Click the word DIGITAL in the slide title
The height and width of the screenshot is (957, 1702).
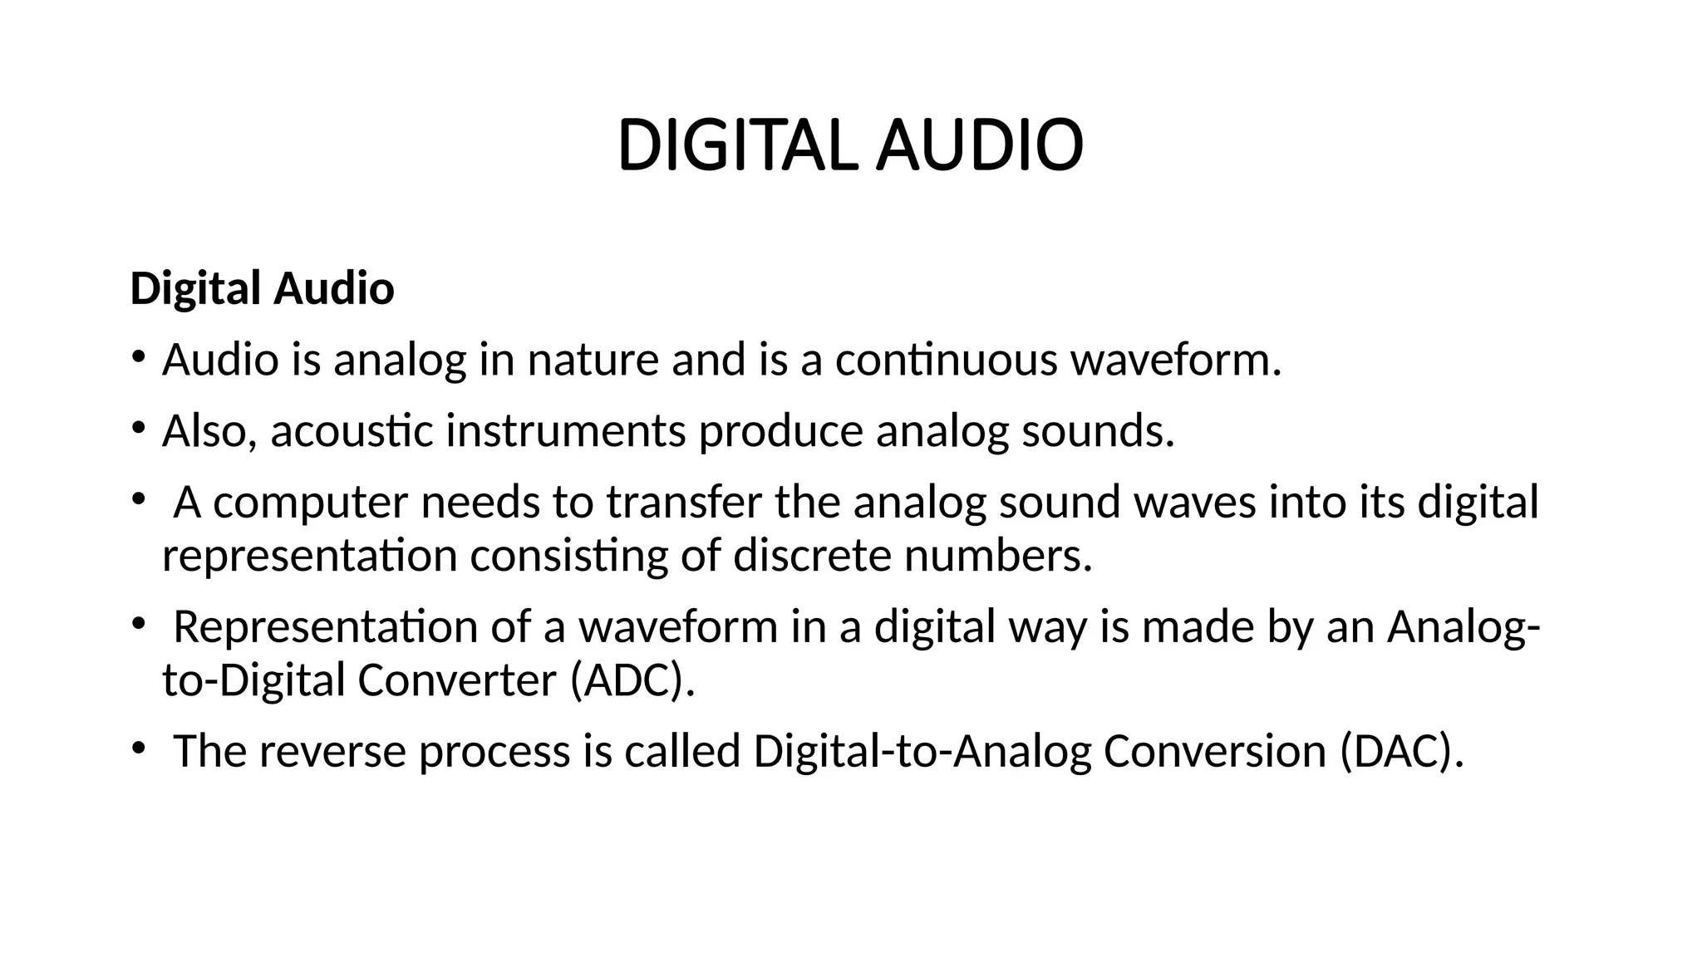click(x=736, y=146)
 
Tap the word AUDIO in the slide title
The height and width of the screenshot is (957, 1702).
click(x=980, y=146)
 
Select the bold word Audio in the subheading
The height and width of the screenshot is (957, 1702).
click(x=333, y=289)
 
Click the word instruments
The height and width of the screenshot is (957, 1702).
click(x=566, y=430)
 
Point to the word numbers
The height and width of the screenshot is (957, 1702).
click(x=997, y=555)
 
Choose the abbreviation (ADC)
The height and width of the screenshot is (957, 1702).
click(x=632, y=680)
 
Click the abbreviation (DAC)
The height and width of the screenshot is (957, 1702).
click(x=1402, y=751)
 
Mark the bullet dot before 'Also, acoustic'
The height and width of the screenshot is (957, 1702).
click(x=138, y=429)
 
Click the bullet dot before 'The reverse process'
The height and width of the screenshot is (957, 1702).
click(x=138, y=748)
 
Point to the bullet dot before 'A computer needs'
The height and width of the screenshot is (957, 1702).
click(x=138, y=499)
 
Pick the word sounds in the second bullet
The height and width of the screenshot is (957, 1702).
click(x=1098, y=430)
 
